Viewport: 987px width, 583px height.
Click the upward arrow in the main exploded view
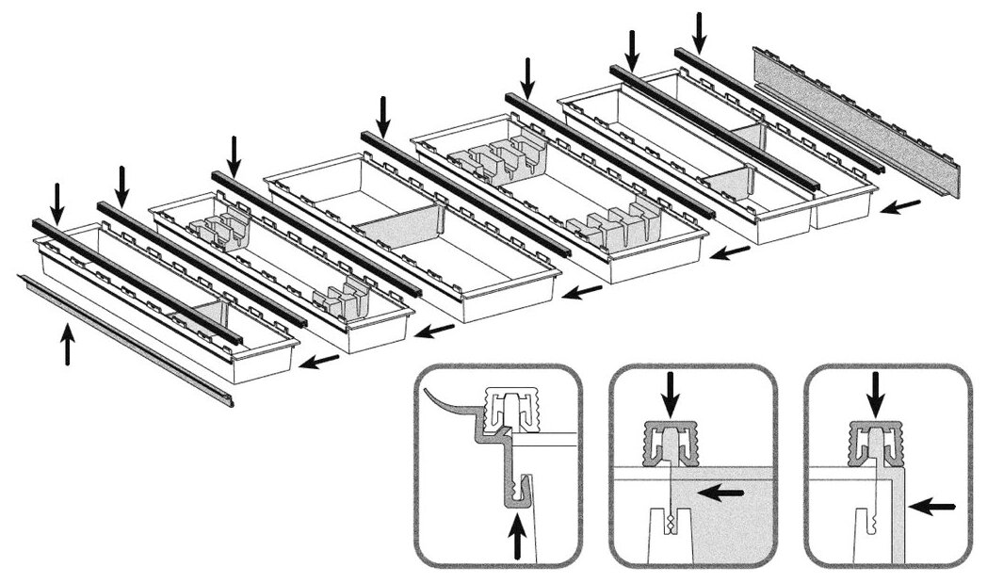click(x=66, y=344)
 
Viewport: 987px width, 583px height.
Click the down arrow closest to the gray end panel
click(x=699, y=30)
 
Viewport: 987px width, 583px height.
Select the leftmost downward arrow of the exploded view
click(x=57, y=202)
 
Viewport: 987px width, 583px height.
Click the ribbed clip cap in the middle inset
click(x=670, y=443)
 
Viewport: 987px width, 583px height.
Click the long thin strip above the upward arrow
click(x=122, y=338)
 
